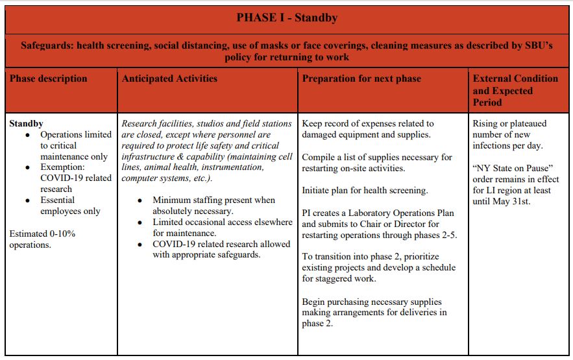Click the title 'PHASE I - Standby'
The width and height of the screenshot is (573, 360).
[x=287, y=18]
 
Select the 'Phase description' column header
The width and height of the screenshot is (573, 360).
[x=48, y=79]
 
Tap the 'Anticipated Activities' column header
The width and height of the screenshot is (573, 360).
[x=169, y=79]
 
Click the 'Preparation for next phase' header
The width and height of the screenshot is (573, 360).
[x=361, y=79]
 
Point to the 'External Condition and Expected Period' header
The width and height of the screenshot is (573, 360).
[x=515, y=90]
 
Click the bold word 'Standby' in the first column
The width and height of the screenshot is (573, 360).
[x=27, y=123]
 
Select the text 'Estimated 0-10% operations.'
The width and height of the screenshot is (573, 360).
[x=42, y=239]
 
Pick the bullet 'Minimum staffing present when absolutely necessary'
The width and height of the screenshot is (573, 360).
[x=213, y=206]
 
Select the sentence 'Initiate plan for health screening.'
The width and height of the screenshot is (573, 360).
[x=365, y=191]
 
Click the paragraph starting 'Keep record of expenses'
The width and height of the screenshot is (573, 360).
[x=368, y=128]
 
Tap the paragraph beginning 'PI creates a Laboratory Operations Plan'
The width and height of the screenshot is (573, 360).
[x=379, y=224]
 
